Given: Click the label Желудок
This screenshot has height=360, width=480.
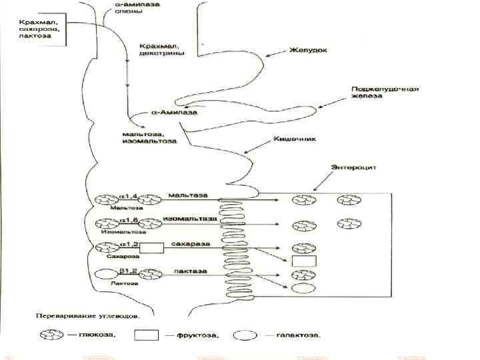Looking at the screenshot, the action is click(307, 50).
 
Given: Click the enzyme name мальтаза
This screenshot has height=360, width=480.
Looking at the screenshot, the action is click(187, 195).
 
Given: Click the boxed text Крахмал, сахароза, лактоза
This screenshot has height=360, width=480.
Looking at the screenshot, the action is click(38, 29).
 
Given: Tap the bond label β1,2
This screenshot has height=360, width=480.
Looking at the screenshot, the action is click(128, 271).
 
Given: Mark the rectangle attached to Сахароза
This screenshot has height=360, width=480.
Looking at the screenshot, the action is click(151, 249).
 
